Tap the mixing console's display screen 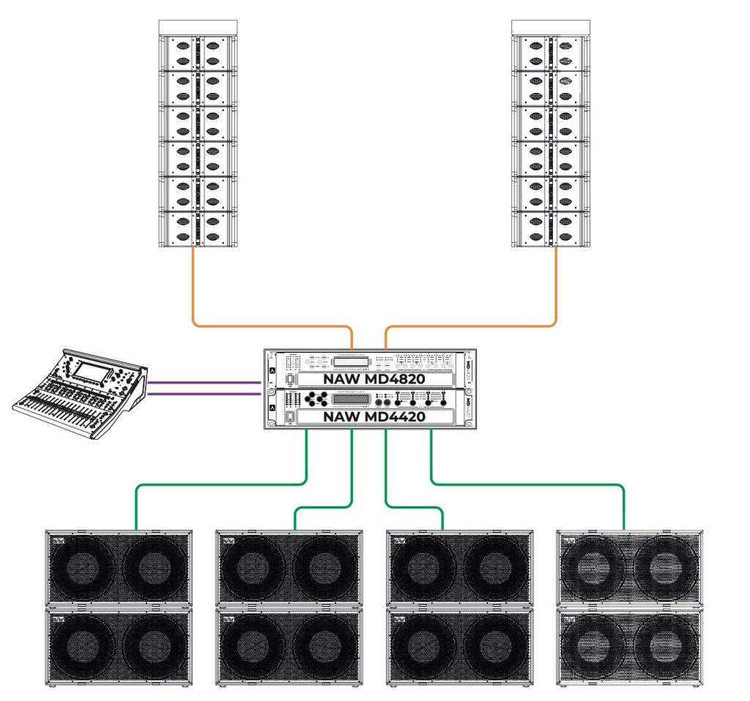tap(91, 372)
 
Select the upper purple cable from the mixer tap(205, 381)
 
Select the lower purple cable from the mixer tap(205, 394)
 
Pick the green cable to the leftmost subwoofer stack tap(220, 484)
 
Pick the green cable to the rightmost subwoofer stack tap(527, 484)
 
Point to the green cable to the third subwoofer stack tap(414, 507)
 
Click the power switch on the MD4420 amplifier tap(289, 418)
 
